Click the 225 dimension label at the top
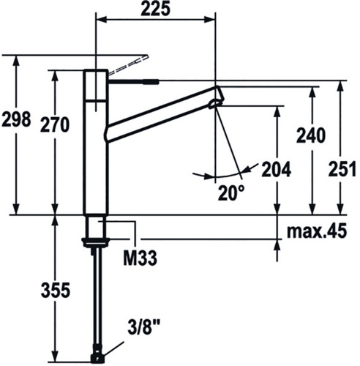point(155,10)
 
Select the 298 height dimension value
point(16,119)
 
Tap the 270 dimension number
point(55,124)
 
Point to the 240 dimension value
point(311,135)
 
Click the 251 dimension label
point(342,169)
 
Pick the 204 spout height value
point(276,169)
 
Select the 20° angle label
point(231,193)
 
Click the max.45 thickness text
point(317,231)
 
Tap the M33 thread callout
point(140,258)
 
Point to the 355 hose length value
point(56,290)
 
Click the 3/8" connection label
point(144,328)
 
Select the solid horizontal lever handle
point(134,81)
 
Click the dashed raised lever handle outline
point(128,64)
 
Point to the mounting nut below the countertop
point(95,243)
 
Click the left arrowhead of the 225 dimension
point(102,20)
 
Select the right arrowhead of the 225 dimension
point(210,20)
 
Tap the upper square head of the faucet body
point(95,85)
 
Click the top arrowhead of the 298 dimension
point(16,61)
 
